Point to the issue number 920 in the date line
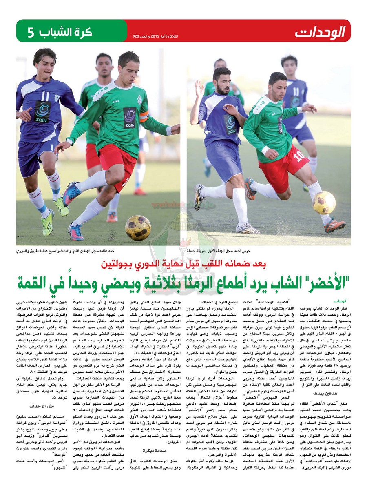pyautogui.click(x=136, y=36)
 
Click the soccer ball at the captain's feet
pyautogui.click(x=138, y=227)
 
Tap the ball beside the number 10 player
pyautogui.click(x=324, y=203)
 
